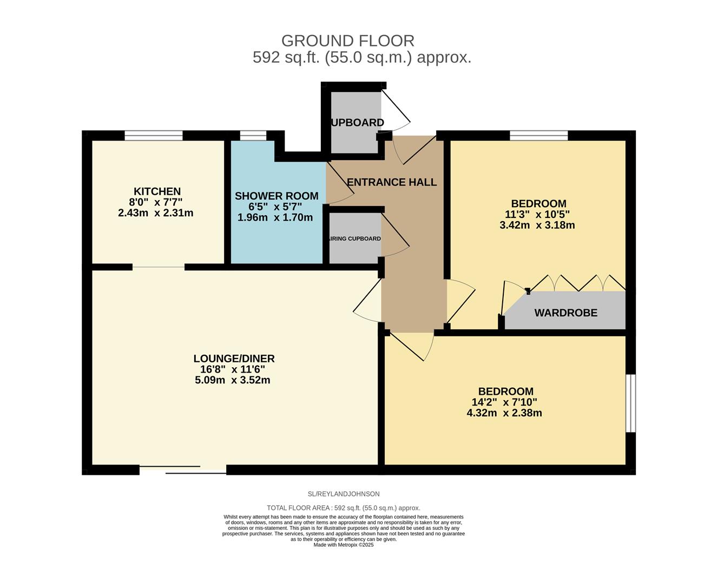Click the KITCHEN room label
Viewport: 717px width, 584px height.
pyautogui.click(x=157, y=191)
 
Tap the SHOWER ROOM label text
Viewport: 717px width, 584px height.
pyautogui.click(x=277, y=196)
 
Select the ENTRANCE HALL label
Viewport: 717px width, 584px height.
pyautogui.click(x=391, y=182)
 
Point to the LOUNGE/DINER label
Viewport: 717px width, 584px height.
pyautogui.click(x=234, y=359)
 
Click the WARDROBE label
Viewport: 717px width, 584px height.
pyautogui.click(x=566, y=313)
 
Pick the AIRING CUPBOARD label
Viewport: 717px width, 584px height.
pyautogui.click(x=354, y=238)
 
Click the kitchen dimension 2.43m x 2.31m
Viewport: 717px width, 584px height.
pyautogui.click(x=155, y=213)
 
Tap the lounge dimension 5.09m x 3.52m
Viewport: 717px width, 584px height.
pyautogui.click(x=233, y=380)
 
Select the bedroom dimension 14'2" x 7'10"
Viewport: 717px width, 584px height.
pyautogui.click(x=504, y=402)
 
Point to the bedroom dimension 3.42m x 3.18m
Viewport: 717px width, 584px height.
pyautogui.click(x=537, y=225)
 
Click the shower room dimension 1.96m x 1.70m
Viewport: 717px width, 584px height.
pyautogui.click(x=275, y=217)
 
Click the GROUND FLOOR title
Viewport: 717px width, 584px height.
pyautogui.click(x=348, y=41)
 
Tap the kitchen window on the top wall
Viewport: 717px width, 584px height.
pyautogui.click(x=154, y=135)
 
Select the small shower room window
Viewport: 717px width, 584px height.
pyautogui.click(x=253, y=135)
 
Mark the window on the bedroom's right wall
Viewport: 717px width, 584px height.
pyautogui.click(x=631, y=403)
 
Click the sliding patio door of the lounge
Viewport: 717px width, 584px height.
pyautogui.click(x=183, y=470)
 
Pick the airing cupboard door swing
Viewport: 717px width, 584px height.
pyautogui.click(x=395, y=235)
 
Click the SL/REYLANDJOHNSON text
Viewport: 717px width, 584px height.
pyautogui.click(x=344, y=494)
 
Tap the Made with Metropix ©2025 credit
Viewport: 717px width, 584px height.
pyautogui.click(x=344, y=545)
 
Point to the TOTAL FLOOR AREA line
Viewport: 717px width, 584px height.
pyautogui.click(x=344, y=508)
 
